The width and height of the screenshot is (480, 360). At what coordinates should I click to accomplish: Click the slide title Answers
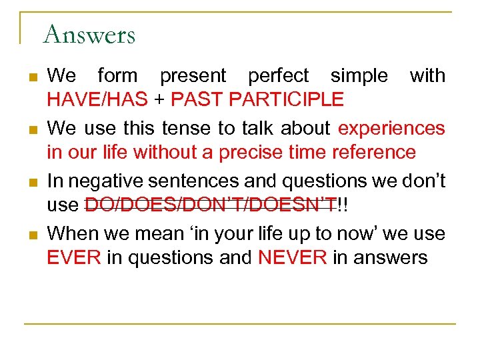tap(89, 34)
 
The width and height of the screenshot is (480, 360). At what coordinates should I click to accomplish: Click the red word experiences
tap(391, 127)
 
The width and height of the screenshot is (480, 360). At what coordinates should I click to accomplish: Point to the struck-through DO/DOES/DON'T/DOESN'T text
tap(210, 206)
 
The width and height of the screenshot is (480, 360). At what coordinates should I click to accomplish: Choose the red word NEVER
tap(291, 257)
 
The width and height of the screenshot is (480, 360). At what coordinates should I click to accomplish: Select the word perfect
tap(278, 76)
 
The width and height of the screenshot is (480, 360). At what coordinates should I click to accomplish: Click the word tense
tap(187, 127)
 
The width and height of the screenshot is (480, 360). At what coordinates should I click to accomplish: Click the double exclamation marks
tap(343, 206)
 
